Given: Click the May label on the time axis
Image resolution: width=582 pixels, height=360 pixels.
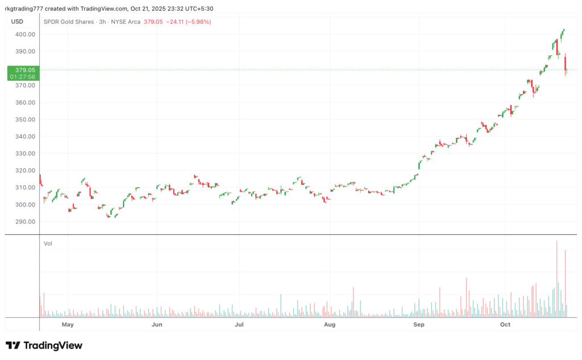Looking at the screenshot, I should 68,325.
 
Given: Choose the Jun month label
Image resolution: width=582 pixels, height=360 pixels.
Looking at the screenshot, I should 157,325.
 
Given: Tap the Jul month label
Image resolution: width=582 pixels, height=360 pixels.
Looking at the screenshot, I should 239,325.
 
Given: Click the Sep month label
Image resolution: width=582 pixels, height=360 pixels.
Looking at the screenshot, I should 419,325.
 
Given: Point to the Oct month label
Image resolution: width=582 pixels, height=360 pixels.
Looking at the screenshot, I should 505,325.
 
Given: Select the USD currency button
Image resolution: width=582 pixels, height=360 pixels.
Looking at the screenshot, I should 17,22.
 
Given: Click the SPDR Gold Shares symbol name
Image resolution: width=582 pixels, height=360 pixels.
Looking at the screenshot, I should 68,22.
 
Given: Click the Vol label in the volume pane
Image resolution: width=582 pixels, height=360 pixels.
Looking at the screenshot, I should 48,243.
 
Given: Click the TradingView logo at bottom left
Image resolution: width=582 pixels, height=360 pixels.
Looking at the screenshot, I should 44,345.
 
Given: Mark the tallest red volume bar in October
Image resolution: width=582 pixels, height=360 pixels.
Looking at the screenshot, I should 557,279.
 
